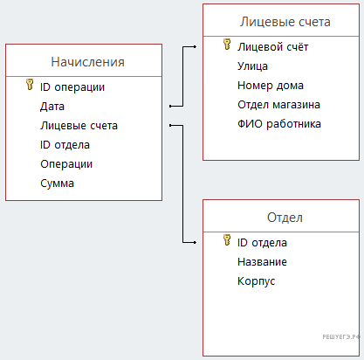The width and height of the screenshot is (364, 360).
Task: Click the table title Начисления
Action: click(x=87, y=62)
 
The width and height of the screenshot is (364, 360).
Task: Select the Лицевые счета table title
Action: click(x=285, y=22)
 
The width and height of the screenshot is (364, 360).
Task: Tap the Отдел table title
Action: click(x=285, y=218)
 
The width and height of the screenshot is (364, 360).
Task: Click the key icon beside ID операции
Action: click(x=30, y=84)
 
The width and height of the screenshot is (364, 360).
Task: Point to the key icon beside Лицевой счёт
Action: click(x=227, y=45)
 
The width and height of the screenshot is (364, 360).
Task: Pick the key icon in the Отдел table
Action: click(x=227, y=240)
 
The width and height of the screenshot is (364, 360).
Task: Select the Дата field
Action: click(x=52, y=107)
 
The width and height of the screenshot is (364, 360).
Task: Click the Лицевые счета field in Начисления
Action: click(x=79, y=126)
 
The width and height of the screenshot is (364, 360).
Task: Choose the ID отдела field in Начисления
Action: click(x=65, y=145)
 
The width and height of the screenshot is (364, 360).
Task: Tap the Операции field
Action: click(x=66, y=164)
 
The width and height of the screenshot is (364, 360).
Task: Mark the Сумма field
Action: click(x=57, y=183)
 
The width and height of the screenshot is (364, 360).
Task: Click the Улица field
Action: click(x=252, y=66)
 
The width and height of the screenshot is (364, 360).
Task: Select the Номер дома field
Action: click(x=271, y=86)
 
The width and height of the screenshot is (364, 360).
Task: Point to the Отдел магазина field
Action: click(x=278, y=105)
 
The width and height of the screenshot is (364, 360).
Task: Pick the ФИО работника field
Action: click(x=279, y=124)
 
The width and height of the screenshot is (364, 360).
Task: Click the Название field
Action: click(x=262, y=262)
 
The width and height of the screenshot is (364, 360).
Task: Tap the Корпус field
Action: click(x=256, y=281)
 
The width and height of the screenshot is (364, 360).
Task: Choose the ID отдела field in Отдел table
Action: click(x=262, y=243)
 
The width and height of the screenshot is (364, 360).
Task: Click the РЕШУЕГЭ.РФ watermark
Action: click(x=341, y=337)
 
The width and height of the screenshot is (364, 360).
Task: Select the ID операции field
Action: click(x=72, y=87)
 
